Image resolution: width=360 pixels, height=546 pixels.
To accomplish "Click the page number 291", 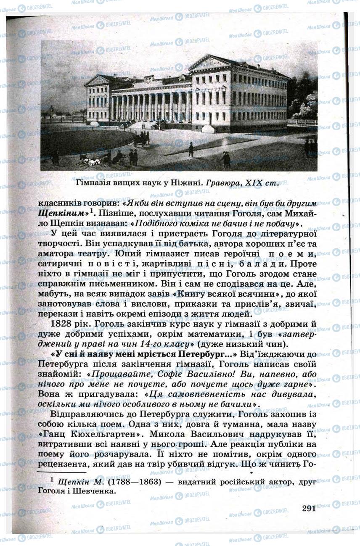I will click(x=309, y=508).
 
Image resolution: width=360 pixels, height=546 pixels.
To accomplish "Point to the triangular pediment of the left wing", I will click(x=97, y=81).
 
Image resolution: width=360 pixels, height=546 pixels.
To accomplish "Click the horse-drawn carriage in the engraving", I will click(x=141, y=138).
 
